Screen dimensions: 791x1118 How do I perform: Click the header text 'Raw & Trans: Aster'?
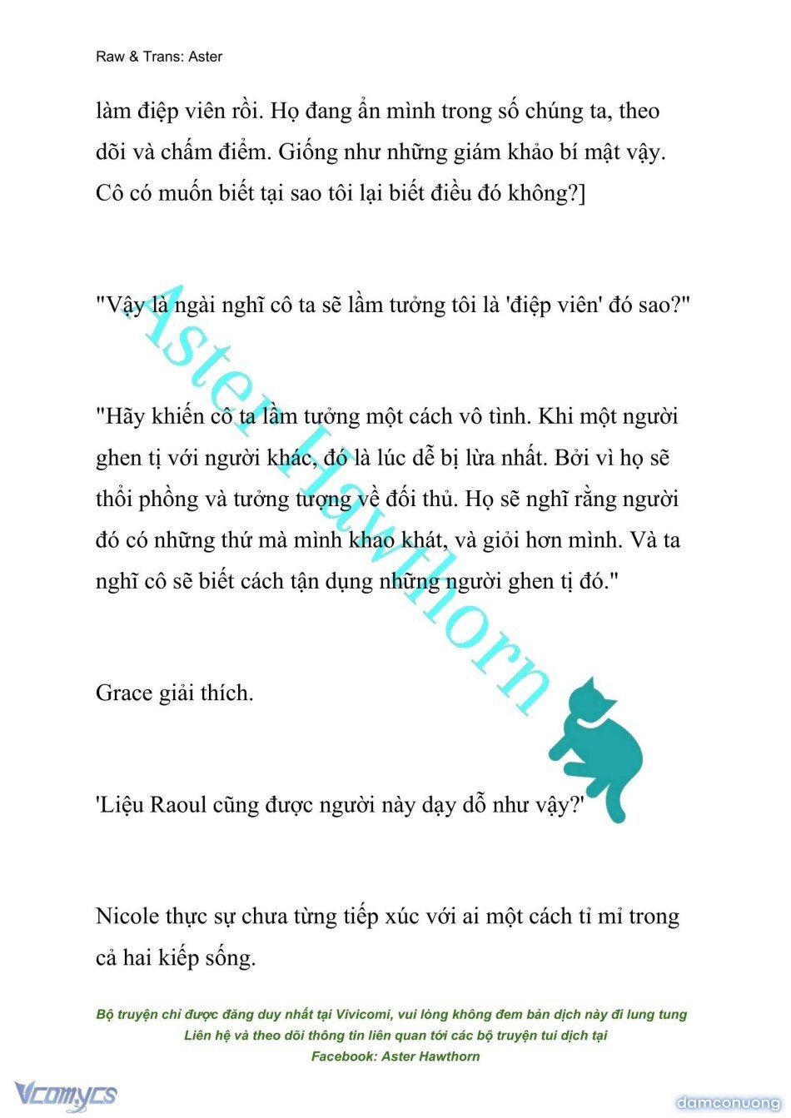tap(159, 57)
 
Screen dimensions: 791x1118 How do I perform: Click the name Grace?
tap(124, 693)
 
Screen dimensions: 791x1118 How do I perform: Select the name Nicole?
tap(127, 917)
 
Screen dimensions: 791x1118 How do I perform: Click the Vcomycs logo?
tap(65, 1096)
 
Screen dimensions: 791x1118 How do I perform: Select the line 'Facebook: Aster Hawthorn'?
tap(395, 1056)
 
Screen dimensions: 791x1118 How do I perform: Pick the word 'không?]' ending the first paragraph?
tap(544, 194)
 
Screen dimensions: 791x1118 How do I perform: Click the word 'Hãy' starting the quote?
tap(124, 416)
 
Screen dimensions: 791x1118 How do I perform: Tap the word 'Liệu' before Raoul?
tap(122, 805)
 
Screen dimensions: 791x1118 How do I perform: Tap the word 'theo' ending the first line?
tap(639, 112)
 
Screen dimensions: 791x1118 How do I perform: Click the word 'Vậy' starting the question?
tap(125, 305)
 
